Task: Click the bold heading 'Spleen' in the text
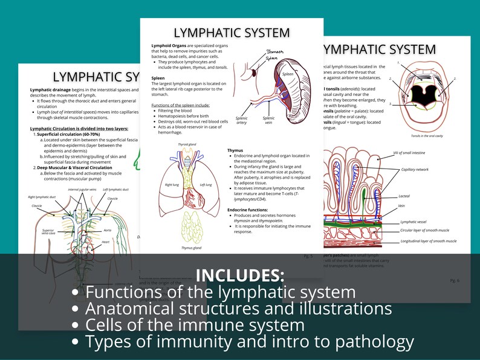pos(158,78)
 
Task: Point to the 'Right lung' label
pos(171,185)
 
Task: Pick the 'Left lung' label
pos(206,185)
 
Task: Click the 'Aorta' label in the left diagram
pos(107,230)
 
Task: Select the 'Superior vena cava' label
pos(48,233)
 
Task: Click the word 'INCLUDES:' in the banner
pos(239,275)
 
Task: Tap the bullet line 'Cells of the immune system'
pos(195,325)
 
